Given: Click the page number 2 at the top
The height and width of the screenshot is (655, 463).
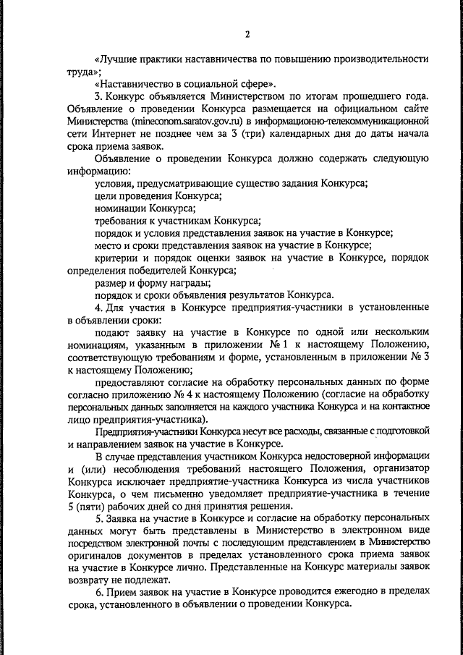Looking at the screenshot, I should pyautogui.click(x=247, y=34).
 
